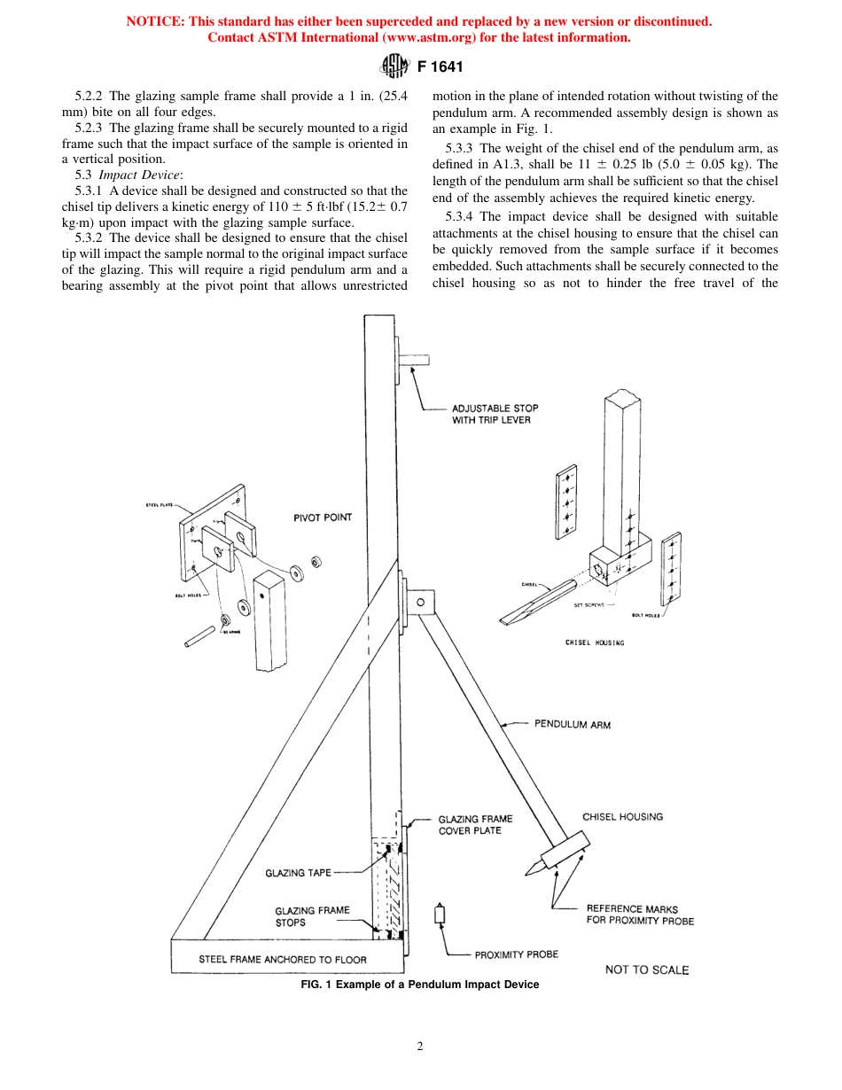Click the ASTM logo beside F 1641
[x=393, y=66]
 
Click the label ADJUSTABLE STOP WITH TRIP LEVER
[x=495, y=414]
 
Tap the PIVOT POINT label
[x=322, y=518]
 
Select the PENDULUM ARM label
[x=572, y=724]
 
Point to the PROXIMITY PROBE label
[x=516, y=954]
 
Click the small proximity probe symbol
[x=439, y=915]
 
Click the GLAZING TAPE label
[x=298, y=873]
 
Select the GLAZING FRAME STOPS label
[x=312, y=916]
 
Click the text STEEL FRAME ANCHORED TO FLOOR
[x=282, y=959]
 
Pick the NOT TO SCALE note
[x=646, y=969]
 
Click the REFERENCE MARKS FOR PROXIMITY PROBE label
[x=640, y=915]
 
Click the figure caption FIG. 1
[x=420, y=985]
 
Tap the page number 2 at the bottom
[x=420, y=1046]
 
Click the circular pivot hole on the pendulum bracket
[x=421, y=603]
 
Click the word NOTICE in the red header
[x=157, y=21]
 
